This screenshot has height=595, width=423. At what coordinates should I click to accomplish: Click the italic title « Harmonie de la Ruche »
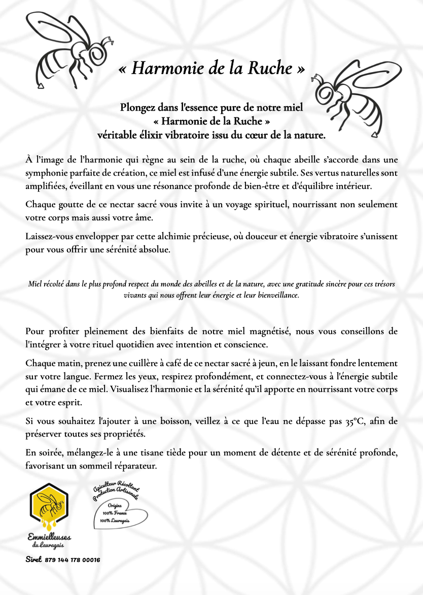point(211,69)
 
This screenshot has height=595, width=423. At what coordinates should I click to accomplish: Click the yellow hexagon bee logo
point(49,506)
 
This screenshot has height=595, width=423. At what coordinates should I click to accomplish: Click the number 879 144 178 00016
point(73,560)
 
